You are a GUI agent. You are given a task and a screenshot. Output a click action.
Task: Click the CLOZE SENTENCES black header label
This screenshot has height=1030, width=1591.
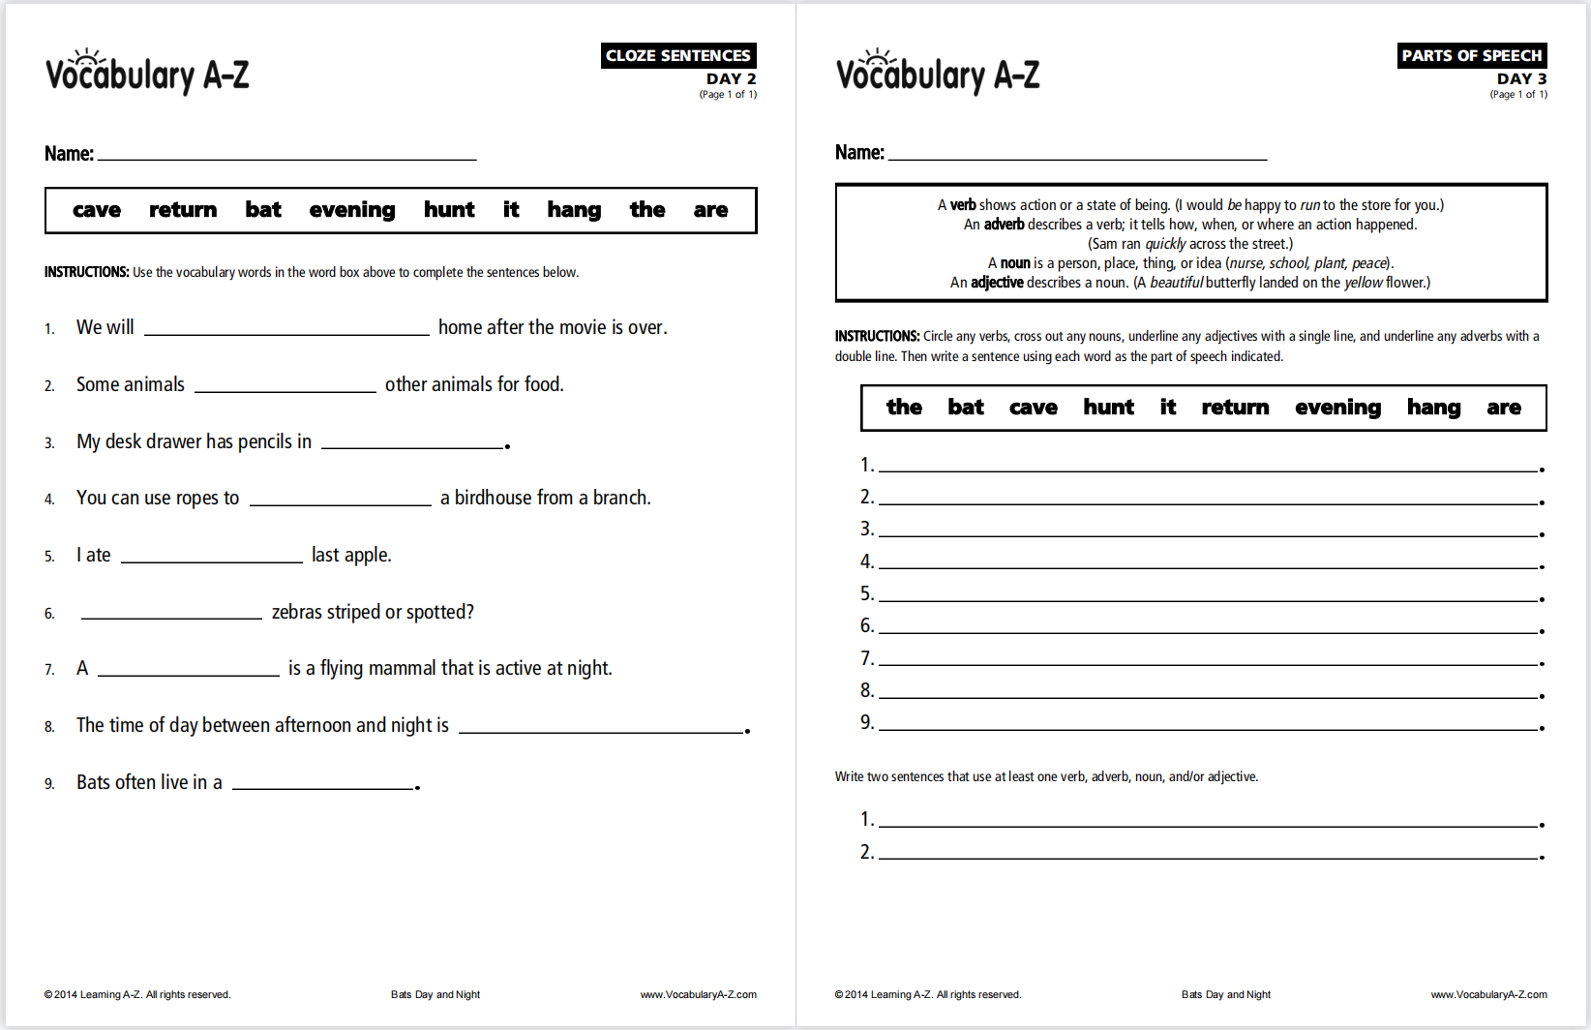677,55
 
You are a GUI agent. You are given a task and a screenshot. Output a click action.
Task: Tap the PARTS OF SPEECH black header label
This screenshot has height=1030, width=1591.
1471,55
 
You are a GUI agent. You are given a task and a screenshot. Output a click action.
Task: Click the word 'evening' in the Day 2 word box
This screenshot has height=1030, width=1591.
352,210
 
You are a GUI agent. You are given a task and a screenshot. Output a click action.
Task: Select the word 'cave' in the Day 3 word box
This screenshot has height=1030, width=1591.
1033,408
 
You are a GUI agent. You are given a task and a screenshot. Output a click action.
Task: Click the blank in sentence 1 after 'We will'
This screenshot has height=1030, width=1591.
286,328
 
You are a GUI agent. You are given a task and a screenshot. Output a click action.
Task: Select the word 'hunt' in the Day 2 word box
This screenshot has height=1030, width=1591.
449,210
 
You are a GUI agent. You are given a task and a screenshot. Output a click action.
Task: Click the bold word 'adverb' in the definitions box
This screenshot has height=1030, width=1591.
1004,225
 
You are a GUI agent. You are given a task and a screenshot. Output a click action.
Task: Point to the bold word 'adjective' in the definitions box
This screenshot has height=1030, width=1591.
997,283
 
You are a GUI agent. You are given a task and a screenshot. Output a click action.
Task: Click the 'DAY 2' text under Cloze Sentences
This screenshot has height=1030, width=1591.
731,78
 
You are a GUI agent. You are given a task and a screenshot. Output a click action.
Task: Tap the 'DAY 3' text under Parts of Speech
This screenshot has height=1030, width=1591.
1521,78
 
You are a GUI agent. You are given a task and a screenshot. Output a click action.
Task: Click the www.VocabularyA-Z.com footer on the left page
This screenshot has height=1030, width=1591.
698,994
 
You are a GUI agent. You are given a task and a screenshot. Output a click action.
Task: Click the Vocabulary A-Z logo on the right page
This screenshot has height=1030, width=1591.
937,73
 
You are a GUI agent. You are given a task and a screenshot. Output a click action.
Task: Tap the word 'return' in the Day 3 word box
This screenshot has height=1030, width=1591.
1235,408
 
